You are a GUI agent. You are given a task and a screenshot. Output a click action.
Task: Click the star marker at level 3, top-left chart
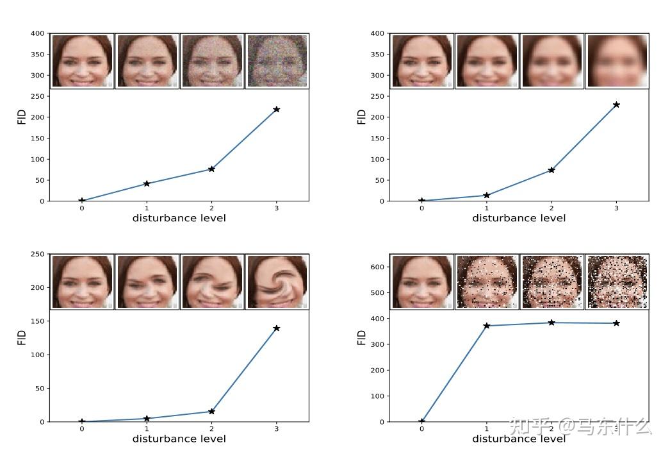(x=277, y=110)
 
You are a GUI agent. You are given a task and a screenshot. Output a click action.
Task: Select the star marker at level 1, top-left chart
(x=147, y=183)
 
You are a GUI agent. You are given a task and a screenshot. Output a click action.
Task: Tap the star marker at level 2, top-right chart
(x=552, y=170)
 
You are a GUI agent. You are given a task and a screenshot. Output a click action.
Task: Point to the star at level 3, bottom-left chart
(x=277, y=328)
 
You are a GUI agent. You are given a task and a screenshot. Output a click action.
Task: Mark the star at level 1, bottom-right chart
(x=487, y=326)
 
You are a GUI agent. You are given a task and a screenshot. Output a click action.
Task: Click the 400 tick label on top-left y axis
(x=37, y=33)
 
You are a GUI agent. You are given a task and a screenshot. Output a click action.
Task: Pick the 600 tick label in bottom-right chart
(x=377, y=267)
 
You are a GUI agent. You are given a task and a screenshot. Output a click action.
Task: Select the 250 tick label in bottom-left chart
(x=37, y=254)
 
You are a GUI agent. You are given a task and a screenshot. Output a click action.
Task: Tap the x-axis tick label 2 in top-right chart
(x=552, y=208)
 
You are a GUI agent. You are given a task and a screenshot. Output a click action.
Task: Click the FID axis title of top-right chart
(x=362, y=117)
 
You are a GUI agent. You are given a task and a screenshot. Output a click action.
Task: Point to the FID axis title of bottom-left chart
(x=22, y=337)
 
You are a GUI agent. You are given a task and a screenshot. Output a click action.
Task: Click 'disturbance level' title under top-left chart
(x=179, y=218)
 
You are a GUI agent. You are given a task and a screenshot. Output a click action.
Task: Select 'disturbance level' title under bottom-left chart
(x=179, y=439)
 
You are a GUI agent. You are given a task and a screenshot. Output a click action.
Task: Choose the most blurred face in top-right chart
(x=617, y=61)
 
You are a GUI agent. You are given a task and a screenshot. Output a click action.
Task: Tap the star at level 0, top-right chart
(x=421, y=201)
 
